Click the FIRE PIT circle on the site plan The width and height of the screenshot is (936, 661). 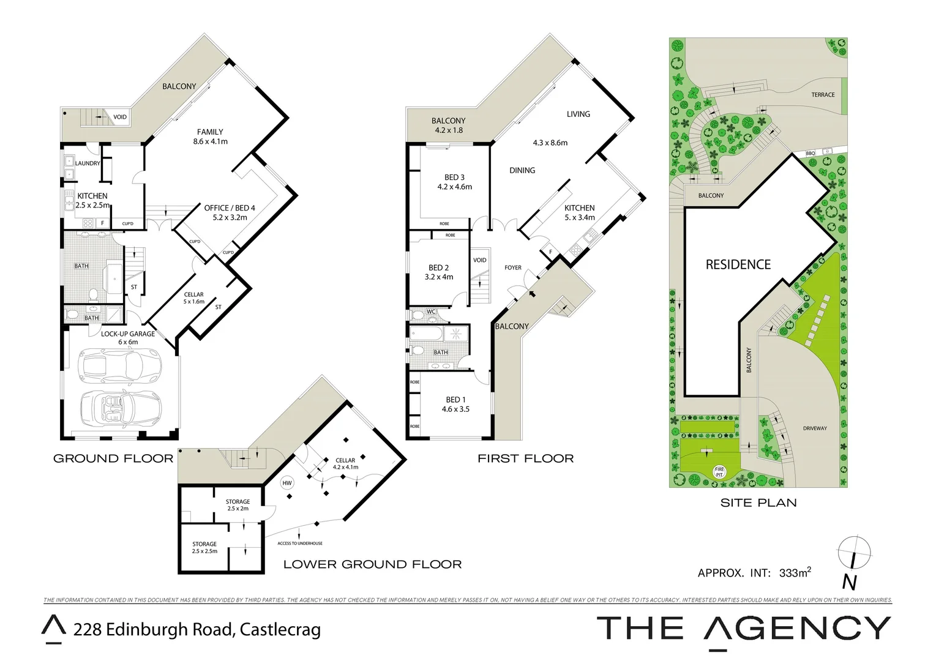719,472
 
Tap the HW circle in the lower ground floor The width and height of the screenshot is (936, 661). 287,483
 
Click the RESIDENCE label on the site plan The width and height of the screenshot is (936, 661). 738,264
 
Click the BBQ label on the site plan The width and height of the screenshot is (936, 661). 810,153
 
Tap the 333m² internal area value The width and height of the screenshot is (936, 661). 795,573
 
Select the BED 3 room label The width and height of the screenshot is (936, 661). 454,177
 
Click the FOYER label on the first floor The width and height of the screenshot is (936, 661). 513,267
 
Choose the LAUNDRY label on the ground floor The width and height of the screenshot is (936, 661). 88,163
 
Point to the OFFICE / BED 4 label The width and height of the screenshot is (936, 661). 230,208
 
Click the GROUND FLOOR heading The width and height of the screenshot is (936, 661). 113,458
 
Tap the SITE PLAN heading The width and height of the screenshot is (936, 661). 758,502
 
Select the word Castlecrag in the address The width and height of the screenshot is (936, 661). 280,629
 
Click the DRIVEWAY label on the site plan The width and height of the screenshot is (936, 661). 815,428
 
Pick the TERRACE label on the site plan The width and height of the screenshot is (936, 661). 823,95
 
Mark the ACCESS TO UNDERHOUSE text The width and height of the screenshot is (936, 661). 300,543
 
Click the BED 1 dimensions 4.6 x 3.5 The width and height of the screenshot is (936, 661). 455,409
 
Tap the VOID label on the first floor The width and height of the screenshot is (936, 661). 480,260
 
